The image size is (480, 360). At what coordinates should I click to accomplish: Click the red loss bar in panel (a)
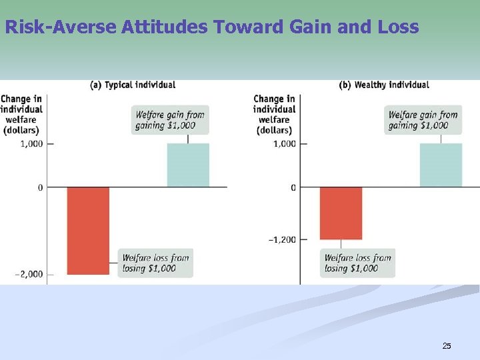pyautogui.click(x=87, y=230)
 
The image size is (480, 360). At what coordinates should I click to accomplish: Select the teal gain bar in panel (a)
pyautogui.click(x=188, y=165)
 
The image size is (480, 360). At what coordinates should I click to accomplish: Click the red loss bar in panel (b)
pyautogui.click(x=341, y=213)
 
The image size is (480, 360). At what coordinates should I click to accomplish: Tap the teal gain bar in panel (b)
pyautogui.click(x=441, y=165)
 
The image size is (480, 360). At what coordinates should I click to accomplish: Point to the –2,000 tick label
pyautogui.click(x=28, y=274)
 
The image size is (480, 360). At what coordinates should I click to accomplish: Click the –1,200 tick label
pyautogui.click(x=282, y=239)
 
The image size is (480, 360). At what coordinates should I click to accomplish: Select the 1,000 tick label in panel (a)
pyautogui.click(x=31, y=143)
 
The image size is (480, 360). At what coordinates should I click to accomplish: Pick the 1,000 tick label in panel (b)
pyautogui.click(x=285, y=143)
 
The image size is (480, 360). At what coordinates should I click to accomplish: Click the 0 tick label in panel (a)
pyautogui.click(x=40, y=187)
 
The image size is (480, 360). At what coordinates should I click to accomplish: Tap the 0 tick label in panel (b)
pyautogui.click(x=293, y=187)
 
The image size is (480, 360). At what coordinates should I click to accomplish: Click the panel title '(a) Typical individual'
pyautogui.click(x=133, y=85)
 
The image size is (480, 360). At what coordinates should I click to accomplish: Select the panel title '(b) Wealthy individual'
pyautogui.click(x=384, y=85)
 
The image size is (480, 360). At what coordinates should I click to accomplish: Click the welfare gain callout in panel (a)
pyautogui.click(x=169, y=119)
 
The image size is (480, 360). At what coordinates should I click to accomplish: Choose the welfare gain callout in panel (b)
pyautogui.click(x=423, y=119)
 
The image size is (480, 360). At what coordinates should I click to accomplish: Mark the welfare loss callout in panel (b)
pyautogui.click(x=357, y=263)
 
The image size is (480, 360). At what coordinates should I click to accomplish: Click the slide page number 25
pyautogui.click(x=447, y=345)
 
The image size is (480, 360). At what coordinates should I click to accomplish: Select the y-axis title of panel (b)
pyautogui.click(x=274, y=114)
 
